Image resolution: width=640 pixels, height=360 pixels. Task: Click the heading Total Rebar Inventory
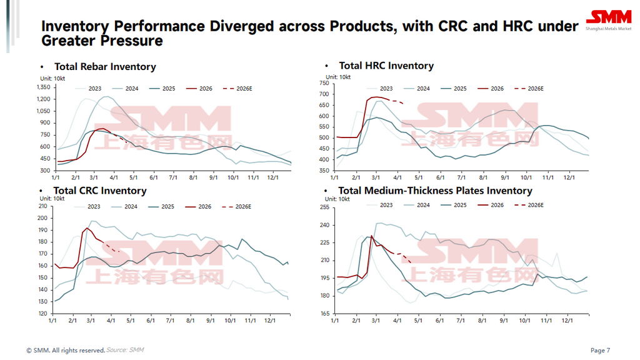click(x=105, y=67)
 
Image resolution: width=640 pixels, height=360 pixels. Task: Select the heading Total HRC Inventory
click(x=386, y=66)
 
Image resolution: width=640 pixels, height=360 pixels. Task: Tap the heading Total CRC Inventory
click(x=100, y=191)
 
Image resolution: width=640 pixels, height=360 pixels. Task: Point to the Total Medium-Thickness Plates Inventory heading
click(x=435, y=191)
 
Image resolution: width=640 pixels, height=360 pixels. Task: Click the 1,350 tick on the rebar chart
click(x=43, y=87)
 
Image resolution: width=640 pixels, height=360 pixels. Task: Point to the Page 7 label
click(x=600, y=350)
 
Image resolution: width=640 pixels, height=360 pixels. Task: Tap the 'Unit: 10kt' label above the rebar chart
click(x=54, y=77)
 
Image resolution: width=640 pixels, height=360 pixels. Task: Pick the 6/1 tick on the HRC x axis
click(x=440, y=178)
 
